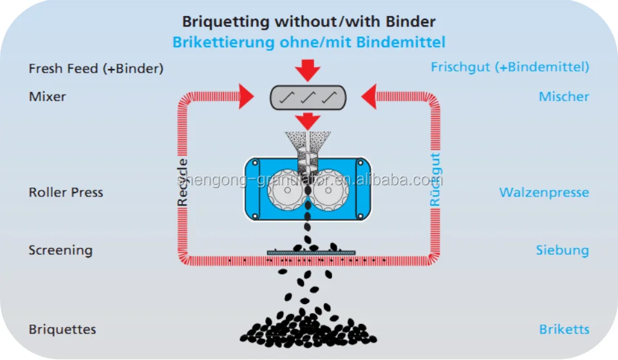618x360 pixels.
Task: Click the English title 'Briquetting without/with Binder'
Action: (x=308, y=21)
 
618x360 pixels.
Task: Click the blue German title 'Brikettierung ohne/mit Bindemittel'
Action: (x=308, y=43)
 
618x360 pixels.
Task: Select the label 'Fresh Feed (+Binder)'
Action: (x=96, y=68)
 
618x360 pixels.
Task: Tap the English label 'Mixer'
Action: (x=48, y=97)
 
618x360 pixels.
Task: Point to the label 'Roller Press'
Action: (x=66, y=192)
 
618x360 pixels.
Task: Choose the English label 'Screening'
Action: (x=61, y=250)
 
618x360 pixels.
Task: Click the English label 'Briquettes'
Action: (x=62, y=329)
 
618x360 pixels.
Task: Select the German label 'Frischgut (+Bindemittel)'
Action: (x=510, y=66)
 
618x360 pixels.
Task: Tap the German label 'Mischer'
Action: (x=564, y=97)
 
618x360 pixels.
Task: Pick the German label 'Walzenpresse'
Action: (x=544, y=192)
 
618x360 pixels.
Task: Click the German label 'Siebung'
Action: (x=562, y=250)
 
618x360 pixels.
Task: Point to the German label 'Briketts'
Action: (x=564, y=329)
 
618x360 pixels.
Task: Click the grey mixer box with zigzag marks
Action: (x=308, y=97)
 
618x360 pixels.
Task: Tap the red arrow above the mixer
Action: (x=308, y=69)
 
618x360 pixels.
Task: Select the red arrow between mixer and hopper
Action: (x=308, y=120)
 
